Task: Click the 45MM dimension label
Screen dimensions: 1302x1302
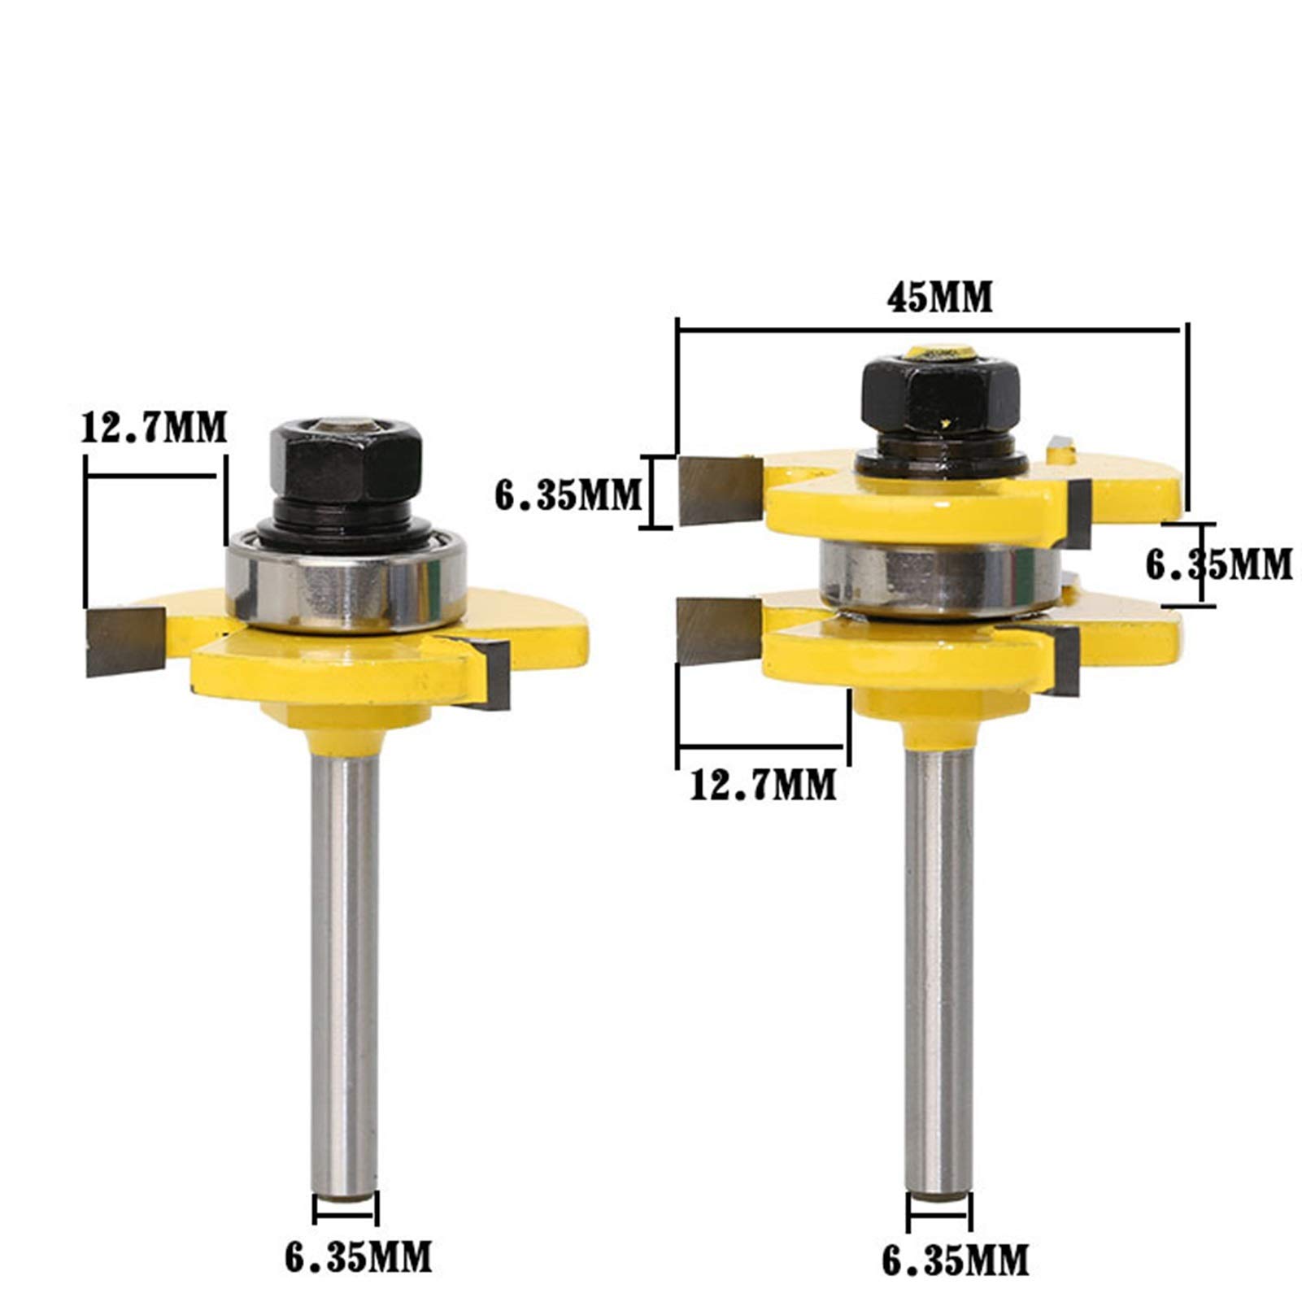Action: pos(939,299)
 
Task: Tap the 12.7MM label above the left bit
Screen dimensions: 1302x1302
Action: pos(154,427)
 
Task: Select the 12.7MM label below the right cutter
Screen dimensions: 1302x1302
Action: pos(763,785)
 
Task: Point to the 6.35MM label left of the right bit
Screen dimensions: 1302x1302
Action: pos(568,495)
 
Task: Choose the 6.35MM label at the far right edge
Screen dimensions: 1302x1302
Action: pos(1218,564)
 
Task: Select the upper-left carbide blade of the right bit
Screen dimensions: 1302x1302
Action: pos(719,490)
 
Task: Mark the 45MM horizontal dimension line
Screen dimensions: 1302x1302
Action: pos(927,329)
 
